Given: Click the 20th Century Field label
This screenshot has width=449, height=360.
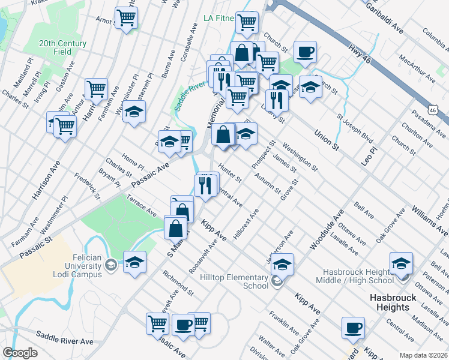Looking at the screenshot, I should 63,47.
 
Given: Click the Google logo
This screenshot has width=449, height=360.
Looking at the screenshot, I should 20,353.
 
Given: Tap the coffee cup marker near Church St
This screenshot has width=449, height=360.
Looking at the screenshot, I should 305,52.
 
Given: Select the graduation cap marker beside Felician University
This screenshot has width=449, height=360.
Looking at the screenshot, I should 134,262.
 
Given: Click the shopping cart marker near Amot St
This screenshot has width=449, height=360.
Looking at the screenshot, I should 126,17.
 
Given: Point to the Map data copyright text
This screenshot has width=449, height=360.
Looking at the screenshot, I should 424,355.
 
